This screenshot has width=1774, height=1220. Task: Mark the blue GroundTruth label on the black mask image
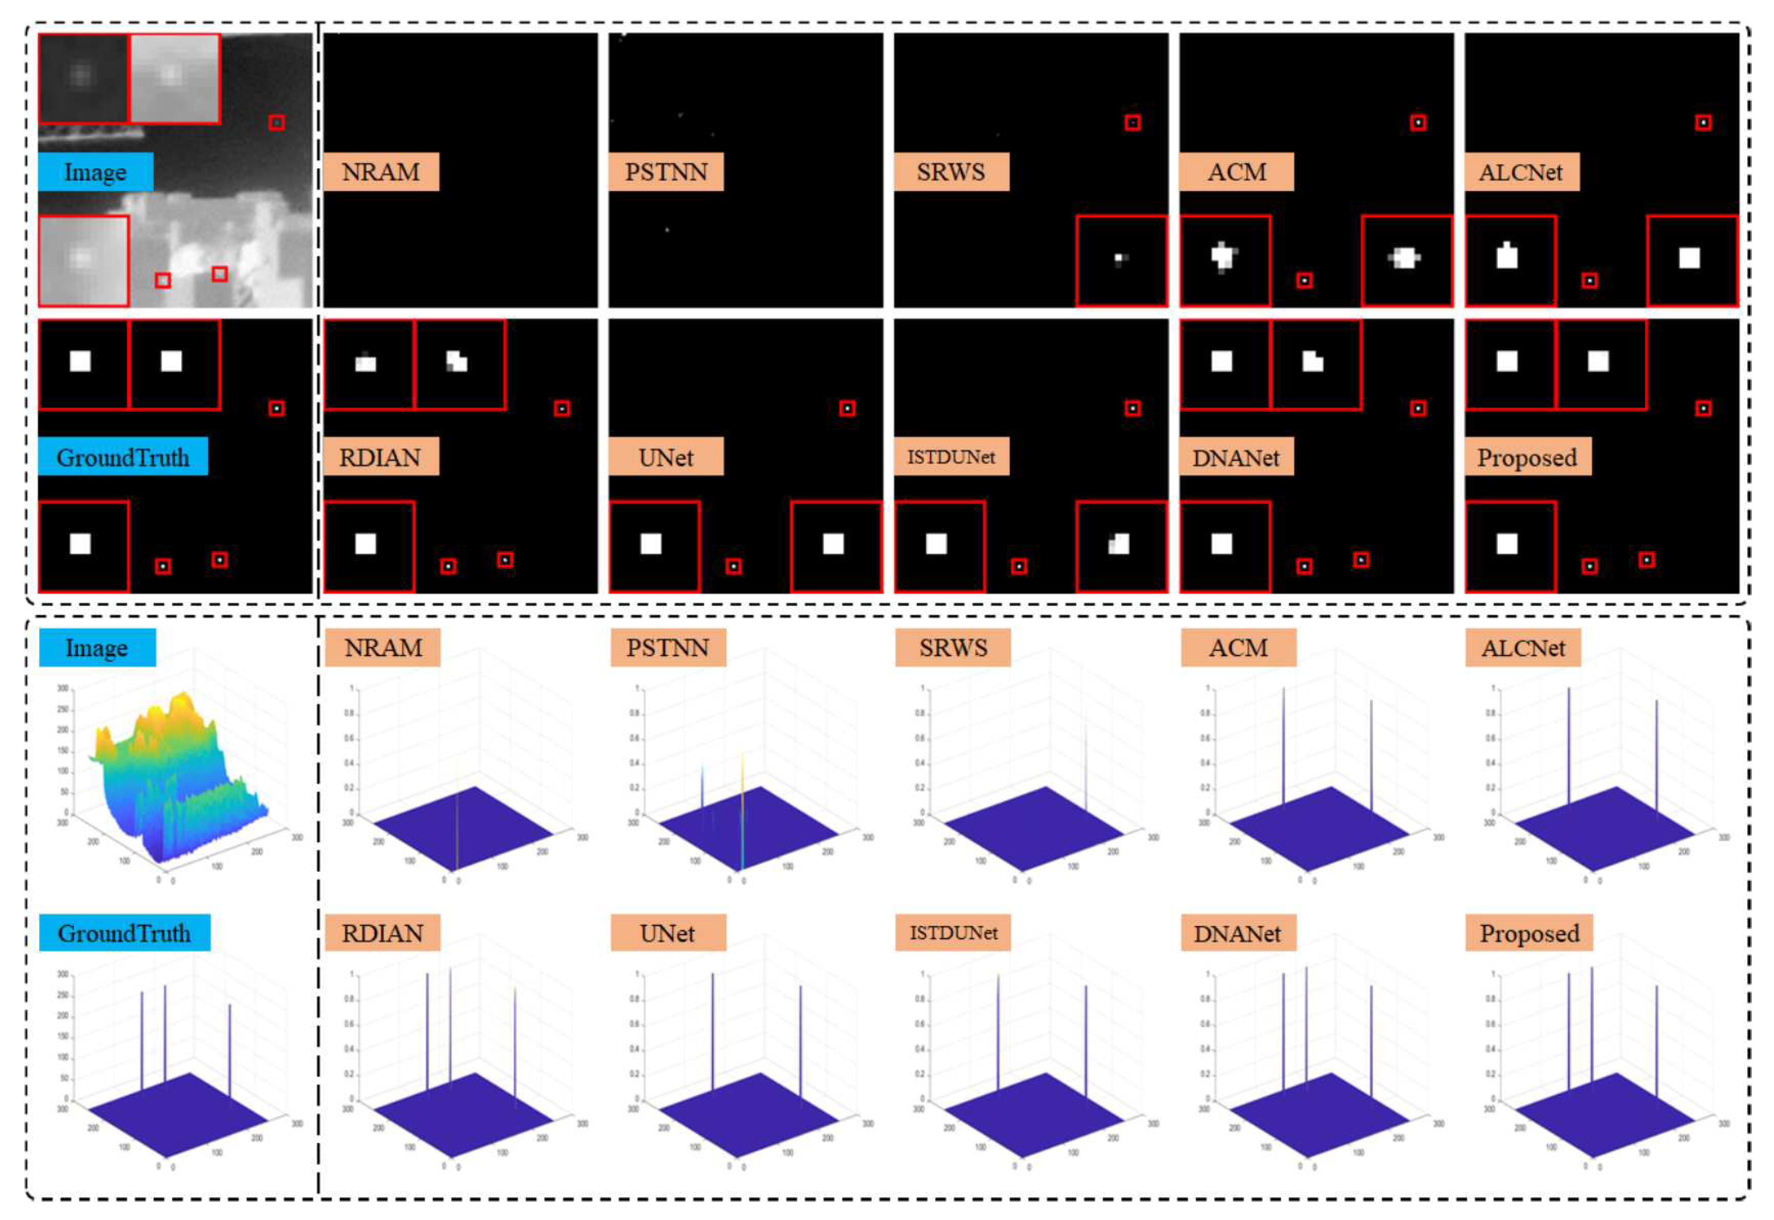coord(123,457)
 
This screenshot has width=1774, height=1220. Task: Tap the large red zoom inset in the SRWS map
coord(1121,261)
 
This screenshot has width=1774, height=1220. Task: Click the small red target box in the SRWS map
coord(1132,123)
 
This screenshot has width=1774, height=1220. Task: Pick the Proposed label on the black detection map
coord(1527,457)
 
